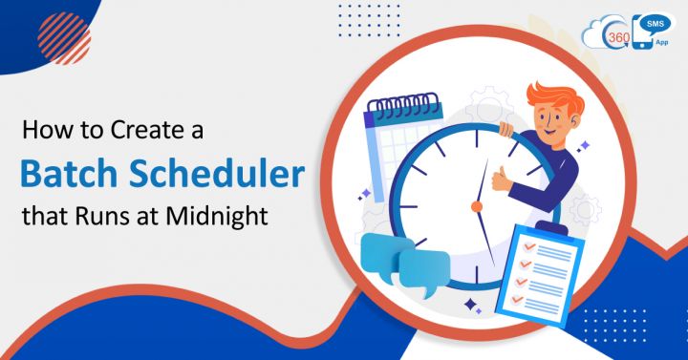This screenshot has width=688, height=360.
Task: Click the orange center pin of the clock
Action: coord(476,205)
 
